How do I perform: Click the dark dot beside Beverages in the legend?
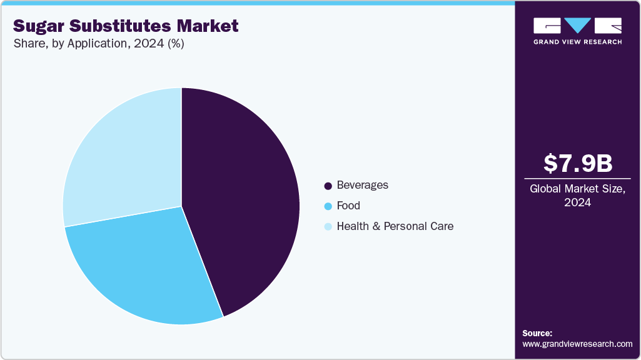(328, 186)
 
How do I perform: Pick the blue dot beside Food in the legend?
(328, 206)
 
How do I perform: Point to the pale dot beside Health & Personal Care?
(328, 227)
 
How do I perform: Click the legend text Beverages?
(362, 185)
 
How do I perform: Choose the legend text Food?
(348, 206)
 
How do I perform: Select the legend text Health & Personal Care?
(395, 226)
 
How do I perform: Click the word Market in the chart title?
(209, 26)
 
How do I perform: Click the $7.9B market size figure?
(577, 163)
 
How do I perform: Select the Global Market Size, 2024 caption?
(577, 196)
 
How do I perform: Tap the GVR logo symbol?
(577, 26)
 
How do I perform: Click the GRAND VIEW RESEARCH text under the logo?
(577, 42)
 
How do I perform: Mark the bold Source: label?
(537, 333)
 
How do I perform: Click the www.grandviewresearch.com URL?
(577, 344)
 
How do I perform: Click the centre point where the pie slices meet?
(181, 206)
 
